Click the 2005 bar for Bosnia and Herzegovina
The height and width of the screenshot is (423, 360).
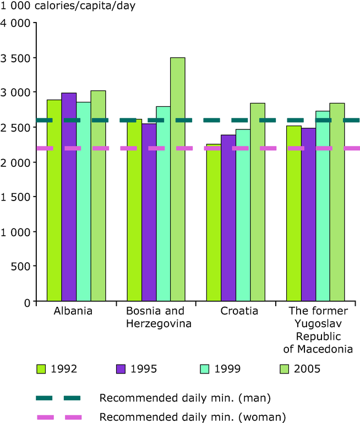click(x=177, y=180)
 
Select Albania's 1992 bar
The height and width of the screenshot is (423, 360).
click(x=54, y=200)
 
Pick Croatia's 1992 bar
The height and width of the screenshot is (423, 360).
click(x=214, y=223)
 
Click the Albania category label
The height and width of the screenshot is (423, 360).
click(x=73, y=311)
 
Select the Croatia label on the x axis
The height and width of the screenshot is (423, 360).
click(x=239, y=311)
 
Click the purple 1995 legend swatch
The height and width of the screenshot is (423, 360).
click(x=122, y=368)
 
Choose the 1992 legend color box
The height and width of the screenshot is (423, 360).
click(x=42, y=368)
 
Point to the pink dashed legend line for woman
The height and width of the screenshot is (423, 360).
click(x=59, y=417)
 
